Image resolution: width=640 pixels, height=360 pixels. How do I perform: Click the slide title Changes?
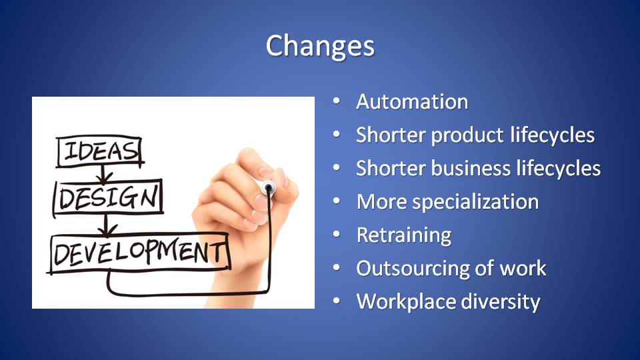point(320,46)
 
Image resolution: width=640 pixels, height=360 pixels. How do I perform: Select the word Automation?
point(412,101)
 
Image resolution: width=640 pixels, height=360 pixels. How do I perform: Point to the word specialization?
point(475,202)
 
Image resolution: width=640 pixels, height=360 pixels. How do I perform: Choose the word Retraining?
point(404,235)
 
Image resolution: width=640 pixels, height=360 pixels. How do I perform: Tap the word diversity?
point(501,302)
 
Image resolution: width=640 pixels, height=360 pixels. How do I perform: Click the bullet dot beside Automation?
point(336,101)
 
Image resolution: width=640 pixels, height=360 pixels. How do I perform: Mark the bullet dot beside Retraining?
point(336,234)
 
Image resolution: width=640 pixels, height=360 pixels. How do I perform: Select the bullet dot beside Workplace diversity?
point(336,301)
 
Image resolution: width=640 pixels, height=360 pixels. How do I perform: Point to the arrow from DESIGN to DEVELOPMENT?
point(106,225)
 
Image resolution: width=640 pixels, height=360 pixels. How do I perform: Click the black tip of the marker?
point(269,189)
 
